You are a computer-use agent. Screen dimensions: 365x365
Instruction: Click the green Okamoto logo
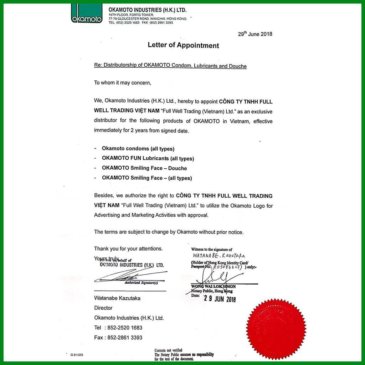[87, 14]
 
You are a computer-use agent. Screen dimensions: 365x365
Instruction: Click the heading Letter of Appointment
[183, 46]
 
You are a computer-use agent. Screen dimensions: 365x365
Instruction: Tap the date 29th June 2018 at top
[255, 34]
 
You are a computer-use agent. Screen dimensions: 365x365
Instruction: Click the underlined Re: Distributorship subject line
[170, 66]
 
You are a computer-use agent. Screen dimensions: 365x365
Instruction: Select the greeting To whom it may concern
[123, 83]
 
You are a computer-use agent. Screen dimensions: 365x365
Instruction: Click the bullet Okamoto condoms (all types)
[138, 149]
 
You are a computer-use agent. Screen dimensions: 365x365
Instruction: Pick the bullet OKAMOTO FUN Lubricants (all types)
[148, 159]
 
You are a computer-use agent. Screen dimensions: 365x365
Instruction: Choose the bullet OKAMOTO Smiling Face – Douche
[144, 168]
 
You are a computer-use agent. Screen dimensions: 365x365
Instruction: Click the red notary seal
[276, 329]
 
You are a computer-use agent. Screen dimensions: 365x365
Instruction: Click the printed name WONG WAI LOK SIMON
[213, 287]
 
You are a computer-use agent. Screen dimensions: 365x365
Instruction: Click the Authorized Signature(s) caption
[141, 283]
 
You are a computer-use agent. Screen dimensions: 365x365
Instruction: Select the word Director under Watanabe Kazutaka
[103, 308]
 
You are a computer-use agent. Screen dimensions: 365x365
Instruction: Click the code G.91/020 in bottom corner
[77, 355]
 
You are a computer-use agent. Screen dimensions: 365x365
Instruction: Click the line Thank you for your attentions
[128, 248]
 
